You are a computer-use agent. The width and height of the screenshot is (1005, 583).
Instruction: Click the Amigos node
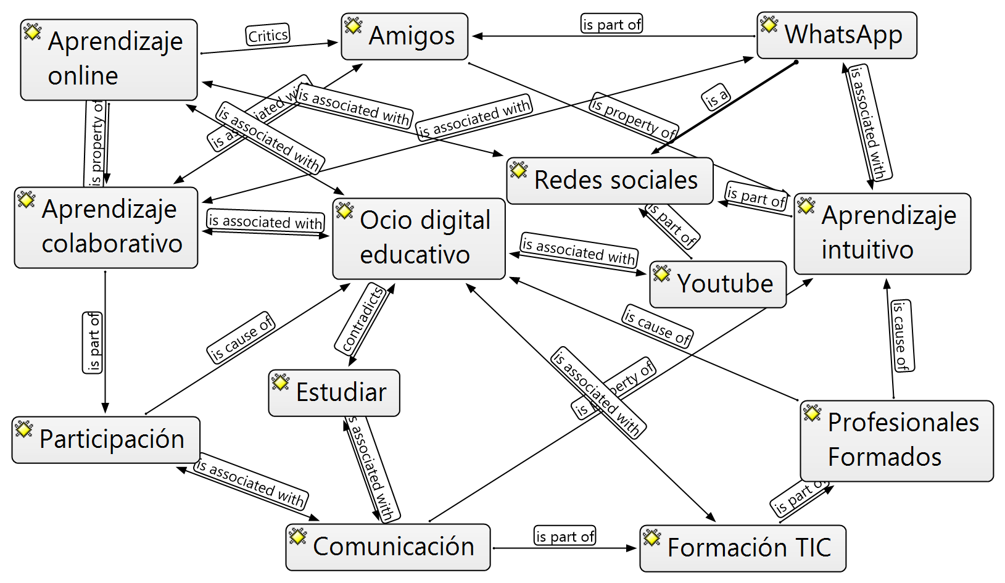point(405,36)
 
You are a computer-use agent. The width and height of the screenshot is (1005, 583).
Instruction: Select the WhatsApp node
point(837,35)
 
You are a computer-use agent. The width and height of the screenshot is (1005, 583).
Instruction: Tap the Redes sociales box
point(610,180)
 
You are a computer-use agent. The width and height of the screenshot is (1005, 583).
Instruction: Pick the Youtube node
point(718,284)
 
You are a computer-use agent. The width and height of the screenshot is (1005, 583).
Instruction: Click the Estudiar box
point(334,392)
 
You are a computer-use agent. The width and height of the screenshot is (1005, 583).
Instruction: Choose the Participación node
point(105,439)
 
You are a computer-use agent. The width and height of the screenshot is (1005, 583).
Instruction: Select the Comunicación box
point(387,547)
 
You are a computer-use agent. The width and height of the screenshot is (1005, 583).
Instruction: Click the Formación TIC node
point(742,548)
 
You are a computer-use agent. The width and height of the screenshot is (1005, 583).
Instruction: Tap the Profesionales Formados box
point(896,440)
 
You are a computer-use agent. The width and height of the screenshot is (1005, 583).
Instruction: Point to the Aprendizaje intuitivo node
point(882,233)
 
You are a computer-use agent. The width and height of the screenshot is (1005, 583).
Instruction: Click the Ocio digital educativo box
point(419,238)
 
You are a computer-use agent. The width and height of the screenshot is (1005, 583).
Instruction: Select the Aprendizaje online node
point(109,59)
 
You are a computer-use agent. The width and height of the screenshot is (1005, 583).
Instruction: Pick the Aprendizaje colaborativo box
point(106,227)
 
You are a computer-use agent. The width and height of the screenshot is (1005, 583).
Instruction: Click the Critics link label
point(268,35)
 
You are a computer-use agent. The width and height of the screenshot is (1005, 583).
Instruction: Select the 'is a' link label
point(716,96)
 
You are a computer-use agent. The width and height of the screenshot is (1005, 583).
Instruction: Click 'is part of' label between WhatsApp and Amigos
point(611,24)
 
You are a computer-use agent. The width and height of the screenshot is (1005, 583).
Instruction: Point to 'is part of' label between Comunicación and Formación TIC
point(565,536)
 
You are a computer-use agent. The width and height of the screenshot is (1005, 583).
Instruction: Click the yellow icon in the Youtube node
point(661,273)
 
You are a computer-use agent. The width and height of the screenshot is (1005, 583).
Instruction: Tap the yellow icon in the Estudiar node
point(280,382)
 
